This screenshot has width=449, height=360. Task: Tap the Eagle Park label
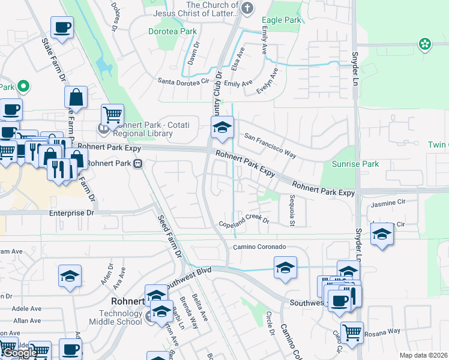(x=282, y=20)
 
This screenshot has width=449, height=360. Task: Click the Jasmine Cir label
(x=388, y=205)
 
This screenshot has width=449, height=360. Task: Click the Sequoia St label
(x=292, y=211)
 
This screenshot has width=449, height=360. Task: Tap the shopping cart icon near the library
(x=112, y=114)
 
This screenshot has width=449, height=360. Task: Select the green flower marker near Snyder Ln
(x=425, y=44)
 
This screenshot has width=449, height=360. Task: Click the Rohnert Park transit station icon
(x=139, y=163)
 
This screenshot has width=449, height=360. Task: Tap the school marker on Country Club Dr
(x=221, y=127)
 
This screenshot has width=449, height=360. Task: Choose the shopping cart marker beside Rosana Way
(x=351, y=331)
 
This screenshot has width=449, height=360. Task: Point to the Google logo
(x=20, y=353)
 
